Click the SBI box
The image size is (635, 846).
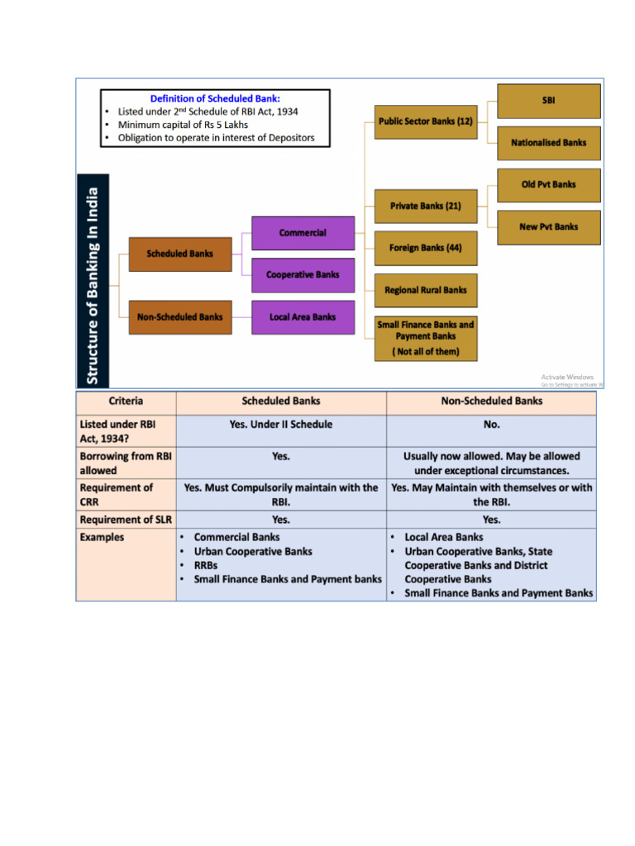[548, 101]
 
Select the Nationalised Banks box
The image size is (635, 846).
[548, 142]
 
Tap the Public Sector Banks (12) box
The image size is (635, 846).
[426, 121]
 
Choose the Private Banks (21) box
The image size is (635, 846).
[426, 206]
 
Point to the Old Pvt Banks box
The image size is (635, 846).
[548, 184]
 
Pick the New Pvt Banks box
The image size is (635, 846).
[548, 226]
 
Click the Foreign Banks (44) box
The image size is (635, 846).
[426, 248]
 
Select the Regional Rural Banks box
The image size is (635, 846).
[426, 290]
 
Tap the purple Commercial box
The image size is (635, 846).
[303, 233]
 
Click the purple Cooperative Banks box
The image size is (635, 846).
[303, 274]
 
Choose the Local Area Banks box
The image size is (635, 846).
[303, 316]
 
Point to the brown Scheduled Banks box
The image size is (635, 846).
[179, 254]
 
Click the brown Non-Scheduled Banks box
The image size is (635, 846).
[179, 316]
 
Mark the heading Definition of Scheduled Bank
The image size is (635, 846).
[215, 98]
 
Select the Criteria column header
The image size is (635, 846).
[126, 402]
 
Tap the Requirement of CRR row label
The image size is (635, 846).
[116, 494]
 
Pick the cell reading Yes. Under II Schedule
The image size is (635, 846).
[281, 425]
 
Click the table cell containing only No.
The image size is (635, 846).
[492, 425]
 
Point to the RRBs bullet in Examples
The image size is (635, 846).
[207, 565]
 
